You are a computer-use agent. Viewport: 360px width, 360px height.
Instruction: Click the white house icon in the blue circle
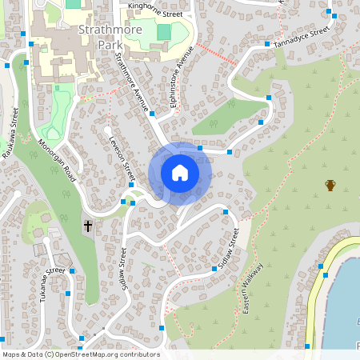click(180, 173)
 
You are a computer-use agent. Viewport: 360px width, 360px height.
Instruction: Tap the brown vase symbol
click(330, 186)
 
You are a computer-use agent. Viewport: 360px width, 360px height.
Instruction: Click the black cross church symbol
click(88, 227)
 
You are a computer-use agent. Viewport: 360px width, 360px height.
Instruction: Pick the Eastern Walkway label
click(255, 288)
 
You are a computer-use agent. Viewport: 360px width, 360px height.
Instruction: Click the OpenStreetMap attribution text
click(81, 354)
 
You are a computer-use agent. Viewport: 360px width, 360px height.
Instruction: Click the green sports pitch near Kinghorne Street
click(164, 33)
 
